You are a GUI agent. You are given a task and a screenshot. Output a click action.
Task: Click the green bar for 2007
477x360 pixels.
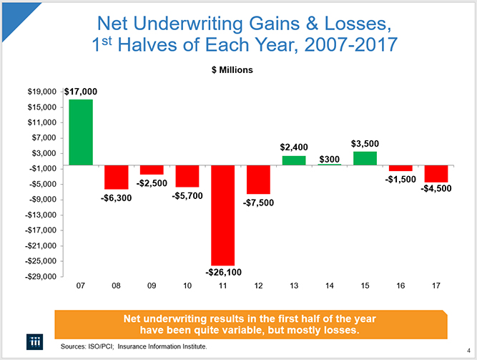click(x=80, y=132)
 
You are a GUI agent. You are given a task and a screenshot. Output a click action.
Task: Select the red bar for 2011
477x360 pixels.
click(x=222, y=215)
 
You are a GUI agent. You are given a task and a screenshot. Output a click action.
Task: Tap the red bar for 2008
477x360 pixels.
click(x=116, y=177)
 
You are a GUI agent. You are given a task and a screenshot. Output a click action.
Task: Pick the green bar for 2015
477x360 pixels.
click(x=365, y=158)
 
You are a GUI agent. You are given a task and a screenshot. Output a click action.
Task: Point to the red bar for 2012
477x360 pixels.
click(x=258, y=180)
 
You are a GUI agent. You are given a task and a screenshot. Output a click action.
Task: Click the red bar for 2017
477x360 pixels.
click(x=436, y=174)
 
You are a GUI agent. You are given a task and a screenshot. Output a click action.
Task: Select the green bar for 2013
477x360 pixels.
click(x=294, y=160)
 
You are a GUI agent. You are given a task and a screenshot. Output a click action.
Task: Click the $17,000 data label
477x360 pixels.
click(x=81, y=92)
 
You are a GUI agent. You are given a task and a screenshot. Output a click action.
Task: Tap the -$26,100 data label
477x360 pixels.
click(x=223, y=272)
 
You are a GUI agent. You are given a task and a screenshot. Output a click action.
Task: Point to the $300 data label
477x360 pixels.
click(x=330, y=158)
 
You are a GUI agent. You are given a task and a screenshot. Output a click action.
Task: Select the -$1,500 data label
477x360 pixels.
click(x=400, y=179)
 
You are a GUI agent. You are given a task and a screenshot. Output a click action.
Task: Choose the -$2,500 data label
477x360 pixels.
click(x=152, y=183)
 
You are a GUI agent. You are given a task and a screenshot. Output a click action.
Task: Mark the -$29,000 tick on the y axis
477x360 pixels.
click(x=42, y=277)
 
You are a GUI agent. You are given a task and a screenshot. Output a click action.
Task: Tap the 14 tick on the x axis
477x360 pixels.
click(x=329, y=286)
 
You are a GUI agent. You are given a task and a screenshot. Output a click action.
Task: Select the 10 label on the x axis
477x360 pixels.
click(x=187, y=286)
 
